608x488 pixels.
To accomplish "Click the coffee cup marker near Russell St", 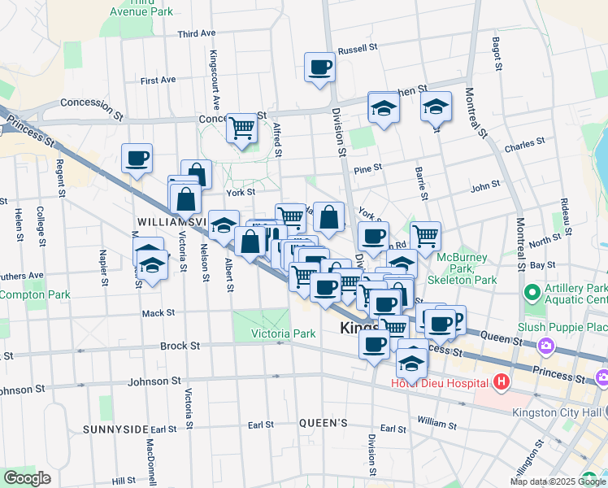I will [319, 67].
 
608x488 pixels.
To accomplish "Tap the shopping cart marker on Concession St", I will [241, 128].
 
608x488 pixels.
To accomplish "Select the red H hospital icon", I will [502, 381].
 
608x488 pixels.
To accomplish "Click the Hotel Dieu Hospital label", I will [440, 382].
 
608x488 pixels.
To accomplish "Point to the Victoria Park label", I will [282, 333].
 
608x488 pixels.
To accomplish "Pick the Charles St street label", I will [524, 146].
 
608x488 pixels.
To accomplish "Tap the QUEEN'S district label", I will [324, 423].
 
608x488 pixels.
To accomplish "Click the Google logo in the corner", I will [27, 478].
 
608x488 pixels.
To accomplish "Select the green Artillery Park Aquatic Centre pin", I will [532, 291].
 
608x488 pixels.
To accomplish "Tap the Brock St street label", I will [180, 346].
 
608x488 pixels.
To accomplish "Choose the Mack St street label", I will [158, 312].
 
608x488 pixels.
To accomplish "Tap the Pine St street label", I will [367, 169].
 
